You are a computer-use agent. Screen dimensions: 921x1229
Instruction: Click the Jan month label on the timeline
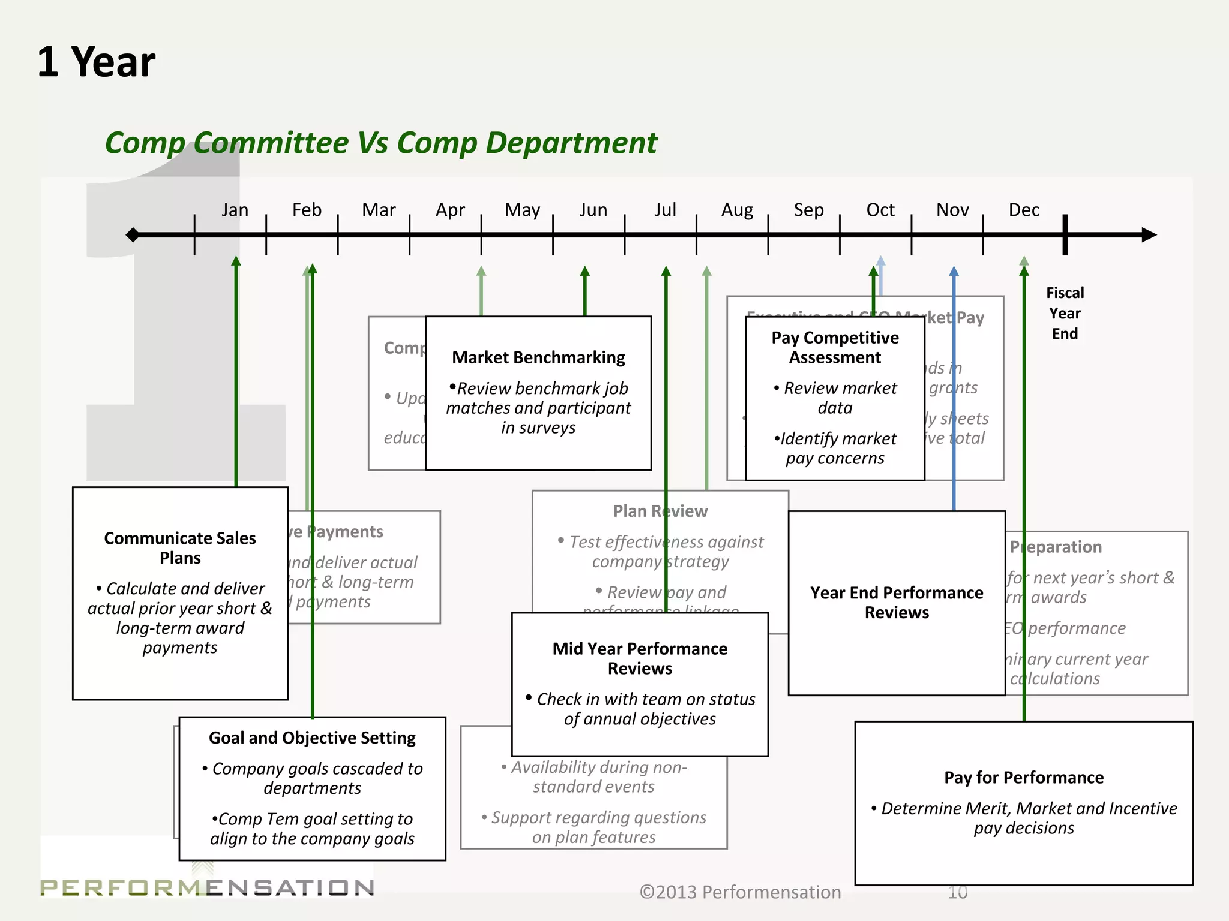point(235,210)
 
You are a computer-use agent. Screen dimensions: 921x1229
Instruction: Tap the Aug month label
point(737,210)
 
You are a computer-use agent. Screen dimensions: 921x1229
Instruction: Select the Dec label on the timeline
point(1024,210)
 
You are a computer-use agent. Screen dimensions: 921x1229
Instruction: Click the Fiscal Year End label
point(1065,313)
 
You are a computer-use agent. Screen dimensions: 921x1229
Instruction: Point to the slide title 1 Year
point(96,62)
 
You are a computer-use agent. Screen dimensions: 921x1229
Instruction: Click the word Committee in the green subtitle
point(271,143)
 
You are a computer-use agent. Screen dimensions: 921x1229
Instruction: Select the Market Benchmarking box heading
point(538,357)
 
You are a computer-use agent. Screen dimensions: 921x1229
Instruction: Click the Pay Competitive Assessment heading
point(835,347)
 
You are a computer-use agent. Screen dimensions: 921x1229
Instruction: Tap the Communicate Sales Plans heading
point(180,547)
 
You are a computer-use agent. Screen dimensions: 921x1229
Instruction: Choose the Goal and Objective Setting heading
point(312,738)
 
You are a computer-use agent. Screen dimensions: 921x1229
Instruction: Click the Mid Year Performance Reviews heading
point(640,658)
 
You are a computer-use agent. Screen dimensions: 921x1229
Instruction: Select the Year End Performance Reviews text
point(897,602)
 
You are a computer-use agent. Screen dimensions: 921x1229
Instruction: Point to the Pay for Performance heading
point(1024,777)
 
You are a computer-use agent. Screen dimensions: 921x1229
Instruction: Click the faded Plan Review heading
point(660,511)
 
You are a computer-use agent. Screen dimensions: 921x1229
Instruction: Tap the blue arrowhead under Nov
point(954,272)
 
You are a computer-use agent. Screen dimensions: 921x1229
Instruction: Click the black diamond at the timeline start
point(133,234)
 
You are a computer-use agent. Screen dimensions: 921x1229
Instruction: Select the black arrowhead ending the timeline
point(1149,234)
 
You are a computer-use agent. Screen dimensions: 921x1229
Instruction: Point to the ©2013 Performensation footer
point(740,892)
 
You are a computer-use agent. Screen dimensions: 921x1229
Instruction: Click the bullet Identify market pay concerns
point(835,448)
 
